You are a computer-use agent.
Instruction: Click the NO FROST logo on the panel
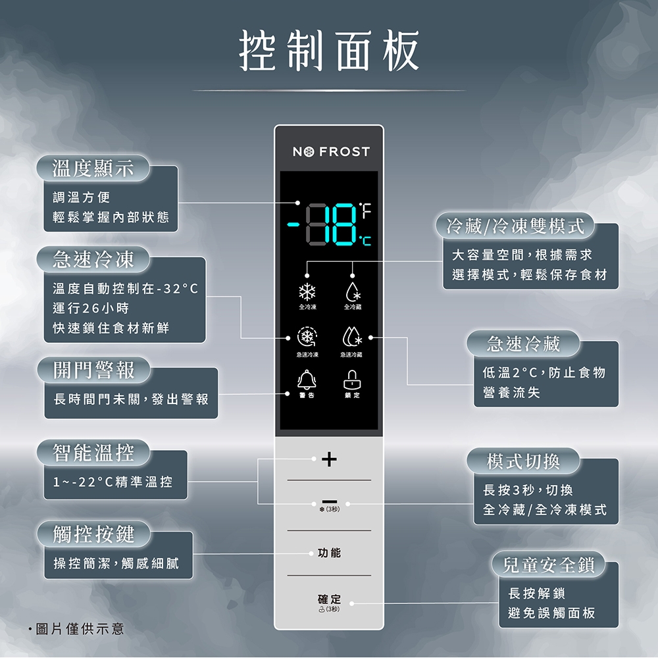pyautogui.click(x=331, y=152)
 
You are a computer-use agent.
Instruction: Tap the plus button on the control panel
pyautogui.click(x=329, y=458)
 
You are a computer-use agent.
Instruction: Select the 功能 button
pyautogui.click(x=329, y=553)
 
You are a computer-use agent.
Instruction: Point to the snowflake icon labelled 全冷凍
pyautogui.click(x=307, y=291)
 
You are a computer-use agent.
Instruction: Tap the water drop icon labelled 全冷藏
pyautogui.click(x=352, y=291)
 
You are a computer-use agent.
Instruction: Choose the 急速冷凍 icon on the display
pyautogui.click(x=307, y=337)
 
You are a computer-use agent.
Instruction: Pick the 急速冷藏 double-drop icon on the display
pyautogui.click(x=352, y=337)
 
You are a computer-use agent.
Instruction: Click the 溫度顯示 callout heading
pyautogui.click(x=93, y=169)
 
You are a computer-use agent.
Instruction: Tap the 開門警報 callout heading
pyautogui.click(x=93, y=370)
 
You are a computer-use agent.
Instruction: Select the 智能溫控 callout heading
pyautogui.click(x=93, y=453)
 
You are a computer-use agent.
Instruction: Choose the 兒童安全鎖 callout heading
pyautogui.click(x=549, y=565)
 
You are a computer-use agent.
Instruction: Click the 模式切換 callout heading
pyautogui.click(x=523, y=461)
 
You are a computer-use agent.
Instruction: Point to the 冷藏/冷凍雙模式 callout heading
pyautogui.click(x=515, y=226)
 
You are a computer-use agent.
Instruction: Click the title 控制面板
pyautogui.click(x=329, y=51)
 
